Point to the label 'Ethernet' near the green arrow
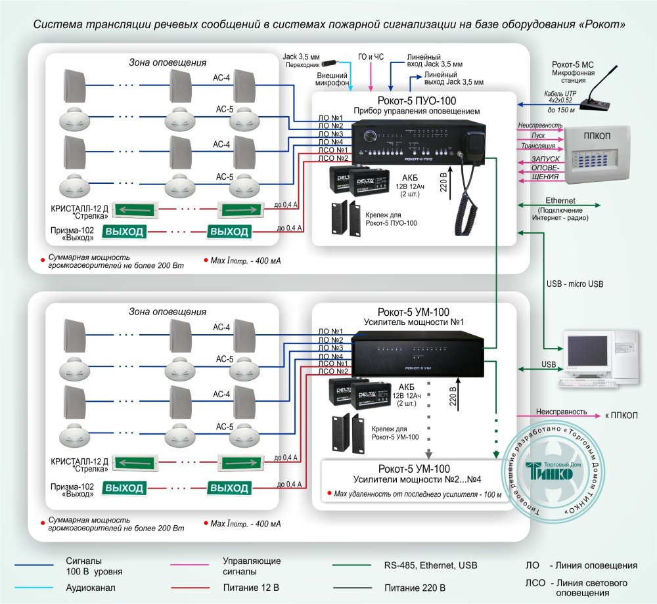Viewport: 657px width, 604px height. click(x=560, y=200)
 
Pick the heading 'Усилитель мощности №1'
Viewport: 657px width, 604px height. click(x=414, y=322)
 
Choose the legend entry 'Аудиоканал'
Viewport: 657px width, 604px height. click(x=88, y=586)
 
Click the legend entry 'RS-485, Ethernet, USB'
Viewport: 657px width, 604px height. click(x=430, y=565)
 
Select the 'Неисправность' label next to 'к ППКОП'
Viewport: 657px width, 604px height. click(x=561, y=412)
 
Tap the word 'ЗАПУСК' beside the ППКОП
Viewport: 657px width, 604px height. click(x=545, y=159)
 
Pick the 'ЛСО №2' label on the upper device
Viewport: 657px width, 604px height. click(x=331, y=158)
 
